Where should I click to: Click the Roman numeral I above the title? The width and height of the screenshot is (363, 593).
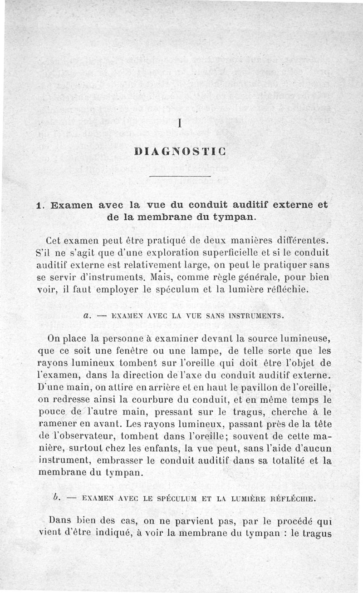(x=181, y=123)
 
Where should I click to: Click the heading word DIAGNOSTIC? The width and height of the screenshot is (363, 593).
(x=181, y=151)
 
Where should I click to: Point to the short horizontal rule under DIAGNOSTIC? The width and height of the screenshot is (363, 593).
(x=181, y=176)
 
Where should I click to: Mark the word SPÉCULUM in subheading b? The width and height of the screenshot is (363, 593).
(x=178, y=498)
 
